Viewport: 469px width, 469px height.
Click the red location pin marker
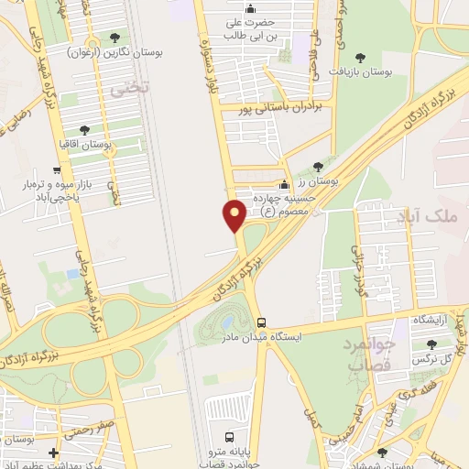pyautogui.click(x=234, y=215)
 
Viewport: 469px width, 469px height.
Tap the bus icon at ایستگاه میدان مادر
pyautogui.click(x=262, y=322)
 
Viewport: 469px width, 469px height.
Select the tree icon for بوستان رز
pyautogui.click(x=318, y=167)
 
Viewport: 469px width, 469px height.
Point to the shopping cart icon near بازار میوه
pyautogui.click(x=57, y=169)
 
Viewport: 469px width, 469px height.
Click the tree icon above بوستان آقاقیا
pyautogui.click(x=85, y=130)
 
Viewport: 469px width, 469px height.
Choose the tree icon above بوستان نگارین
pyautogui.click(x=115, y=38)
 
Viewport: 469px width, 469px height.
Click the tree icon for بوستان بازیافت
pyautogui.click(x=366, y=57)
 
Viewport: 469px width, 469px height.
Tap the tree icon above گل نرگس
pyautogui.click(x=431, y=344)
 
